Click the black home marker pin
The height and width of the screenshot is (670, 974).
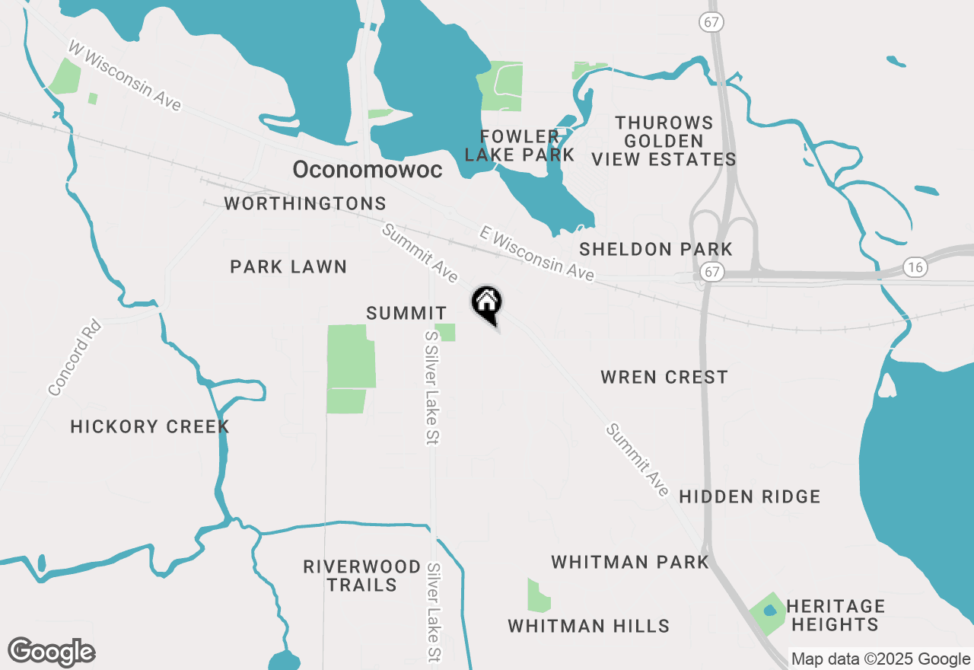click(487, 303)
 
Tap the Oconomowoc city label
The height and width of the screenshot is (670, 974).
click(367, 170)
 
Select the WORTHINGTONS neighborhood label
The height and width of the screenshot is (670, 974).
click(305, 203)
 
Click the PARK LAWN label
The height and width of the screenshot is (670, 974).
click(288, 266)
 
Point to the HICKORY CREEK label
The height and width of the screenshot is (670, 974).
click(150, 426)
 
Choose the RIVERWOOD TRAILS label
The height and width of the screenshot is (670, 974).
click(361, 576)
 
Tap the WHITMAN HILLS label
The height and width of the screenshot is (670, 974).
click(588, 626)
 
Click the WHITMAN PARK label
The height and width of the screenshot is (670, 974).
click(629, 562)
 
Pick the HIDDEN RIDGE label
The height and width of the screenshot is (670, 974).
click(749, 496)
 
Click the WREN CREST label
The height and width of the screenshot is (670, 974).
click(664, 377)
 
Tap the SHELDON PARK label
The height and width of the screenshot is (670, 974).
click(655, 249)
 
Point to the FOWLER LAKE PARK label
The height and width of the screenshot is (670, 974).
click(519, 145)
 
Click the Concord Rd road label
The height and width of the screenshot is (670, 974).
click(74, 358)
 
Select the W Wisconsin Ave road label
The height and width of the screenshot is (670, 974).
click(125, 75)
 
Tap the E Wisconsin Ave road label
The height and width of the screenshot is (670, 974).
click(536, 254)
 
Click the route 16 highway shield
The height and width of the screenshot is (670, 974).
click(915, 267)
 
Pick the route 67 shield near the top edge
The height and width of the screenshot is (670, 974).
click(711, 23)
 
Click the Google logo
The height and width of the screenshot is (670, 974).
click(51, 652)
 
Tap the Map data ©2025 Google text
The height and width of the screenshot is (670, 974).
click(880, 659)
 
